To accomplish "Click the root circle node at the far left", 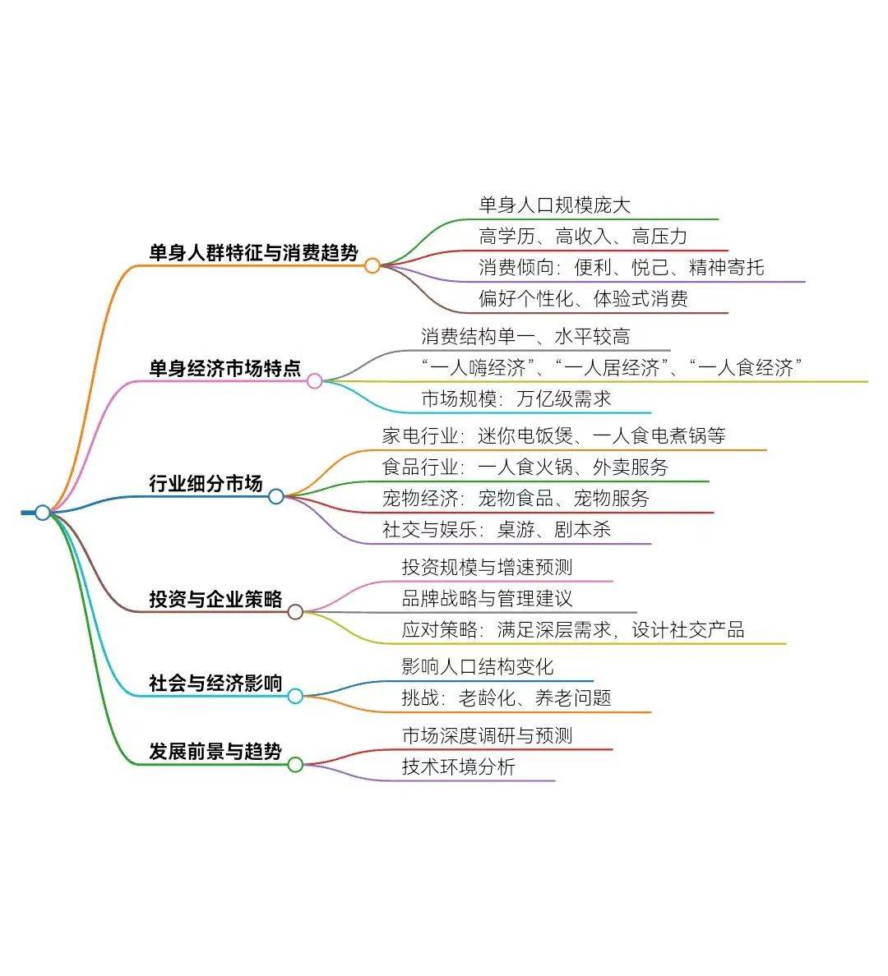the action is [x=43, y=513].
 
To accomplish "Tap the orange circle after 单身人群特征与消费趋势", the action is [x=372, y=266].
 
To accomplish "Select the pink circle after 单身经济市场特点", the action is [x=315, y=381].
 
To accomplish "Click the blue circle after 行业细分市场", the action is [x=276, y=497].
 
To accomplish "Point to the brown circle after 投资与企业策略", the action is [x=295, y=612].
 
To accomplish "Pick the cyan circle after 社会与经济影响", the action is [x=295, y=696].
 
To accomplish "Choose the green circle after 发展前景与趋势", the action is [x=295, y=764].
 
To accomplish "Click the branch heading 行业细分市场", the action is [x=206, y=483].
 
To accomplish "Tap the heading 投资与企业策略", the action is [x=215, y=599].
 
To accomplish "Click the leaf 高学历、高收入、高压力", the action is [x=583, y=236].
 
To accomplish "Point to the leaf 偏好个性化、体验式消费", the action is [x=583, y=298].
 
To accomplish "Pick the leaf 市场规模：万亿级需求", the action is [x=516, y=398].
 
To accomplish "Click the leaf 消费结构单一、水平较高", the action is [x=525, y=336].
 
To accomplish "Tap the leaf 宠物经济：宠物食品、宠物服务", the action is [x=516, y=498].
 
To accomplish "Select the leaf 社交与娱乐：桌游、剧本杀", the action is [x=497, y=529].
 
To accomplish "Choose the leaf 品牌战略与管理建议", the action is [x=488, y=598].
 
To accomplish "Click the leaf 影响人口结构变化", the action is [x=478, y=666].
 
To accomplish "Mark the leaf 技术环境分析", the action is [x=459, y=767].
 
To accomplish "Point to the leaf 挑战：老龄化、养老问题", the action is [x=506, y=697].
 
